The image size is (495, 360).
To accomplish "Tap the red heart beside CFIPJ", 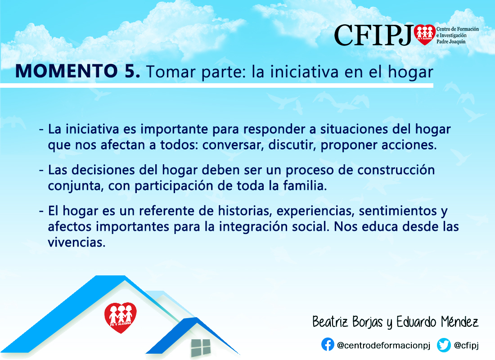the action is [425, 35].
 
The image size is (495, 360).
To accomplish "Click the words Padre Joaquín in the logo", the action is [451, 42].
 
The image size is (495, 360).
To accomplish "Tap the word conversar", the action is [233, 145].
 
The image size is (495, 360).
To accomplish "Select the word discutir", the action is [292, 145].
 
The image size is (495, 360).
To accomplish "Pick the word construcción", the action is [396, 170].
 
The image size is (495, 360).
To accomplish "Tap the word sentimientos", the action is [398, 211].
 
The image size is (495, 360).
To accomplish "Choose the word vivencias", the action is [76, 243].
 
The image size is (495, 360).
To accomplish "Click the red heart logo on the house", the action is [120, 318].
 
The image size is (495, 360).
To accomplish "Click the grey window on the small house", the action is [200, 348].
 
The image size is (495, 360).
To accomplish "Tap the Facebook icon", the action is [328, 345].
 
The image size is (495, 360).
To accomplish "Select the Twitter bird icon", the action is [444, 345].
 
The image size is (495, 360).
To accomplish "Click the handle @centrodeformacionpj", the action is [383, 346].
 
